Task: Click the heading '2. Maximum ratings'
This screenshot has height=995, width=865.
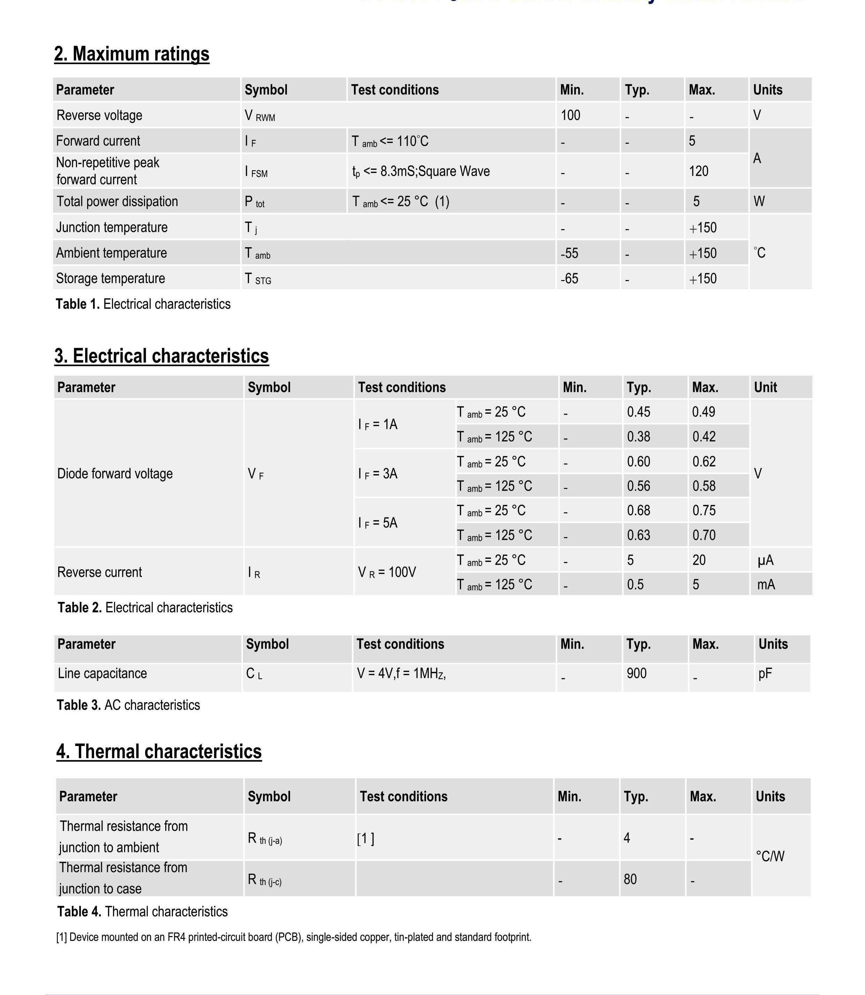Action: (x=131, y=54)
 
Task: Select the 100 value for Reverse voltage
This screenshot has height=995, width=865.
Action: (x=570, y=115)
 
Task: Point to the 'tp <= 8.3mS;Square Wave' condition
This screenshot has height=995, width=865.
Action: (x=420, y=171)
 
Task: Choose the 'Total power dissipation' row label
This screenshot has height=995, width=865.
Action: (x=117, y=201)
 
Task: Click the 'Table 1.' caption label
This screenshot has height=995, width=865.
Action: (x=77, y=304)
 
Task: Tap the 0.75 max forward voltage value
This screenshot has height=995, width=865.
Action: (x=704, y=510)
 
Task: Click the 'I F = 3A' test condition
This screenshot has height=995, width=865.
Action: (x=378, y=474)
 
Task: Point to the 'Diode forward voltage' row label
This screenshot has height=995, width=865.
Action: (x=115, y=474)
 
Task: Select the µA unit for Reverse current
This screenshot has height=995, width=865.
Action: (x=766, y=560)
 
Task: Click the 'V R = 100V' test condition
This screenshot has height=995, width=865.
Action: (x=387, y=573)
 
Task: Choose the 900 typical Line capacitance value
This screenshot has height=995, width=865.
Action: (x=636, y=673)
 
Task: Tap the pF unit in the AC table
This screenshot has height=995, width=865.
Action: (x=765, y=673)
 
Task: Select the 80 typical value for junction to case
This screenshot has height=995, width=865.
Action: (x=630, y=879)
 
